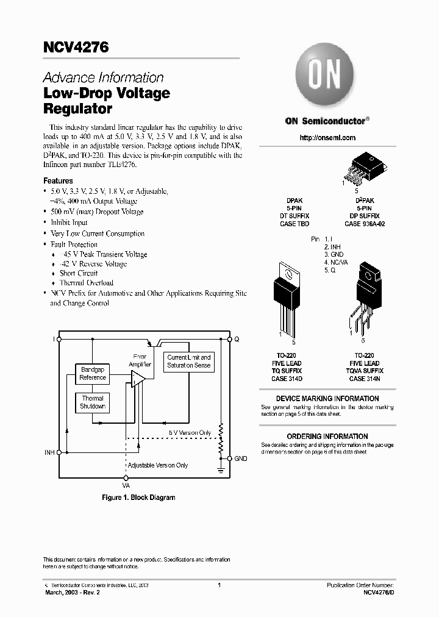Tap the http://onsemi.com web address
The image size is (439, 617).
coord(327,138)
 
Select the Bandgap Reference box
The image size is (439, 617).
coord(93,374)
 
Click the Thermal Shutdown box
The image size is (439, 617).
coord(93,402)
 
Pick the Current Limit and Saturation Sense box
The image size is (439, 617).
coord(189,362)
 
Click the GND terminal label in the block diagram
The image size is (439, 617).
coord(240,458)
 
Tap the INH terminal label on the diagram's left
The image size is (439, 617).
coord(49,453)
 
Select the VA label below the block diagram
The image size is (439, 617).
coord(126,486)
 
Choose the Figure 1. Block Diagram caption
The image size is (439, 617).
coord(138,498)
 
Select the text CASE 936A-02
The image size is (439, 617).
coord(365,224)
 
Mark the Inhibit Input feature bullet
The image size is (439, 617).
coord(73,223)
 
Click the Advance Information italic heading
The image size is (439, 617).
coord(103,78)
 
